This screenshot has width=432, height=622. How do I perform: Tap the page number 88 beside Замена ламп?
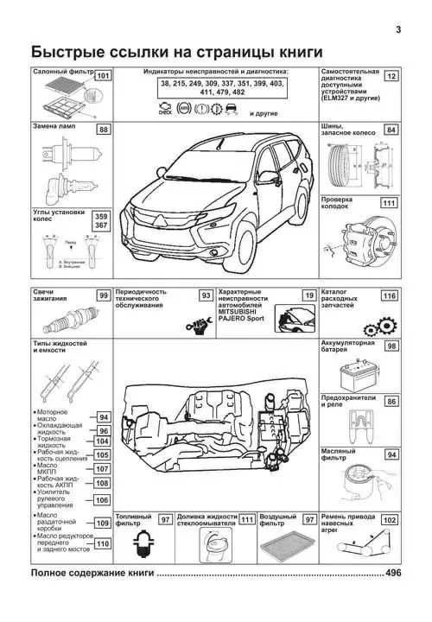coord(105,130)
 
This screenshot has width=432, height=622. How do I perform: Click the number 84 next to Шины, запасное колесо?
coord(391,130)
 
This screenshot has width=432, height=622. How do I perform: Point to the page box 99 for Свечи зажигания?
coord(103,296)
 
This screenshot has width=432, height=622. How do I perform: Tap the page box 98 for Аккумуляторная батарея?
coord(391,346)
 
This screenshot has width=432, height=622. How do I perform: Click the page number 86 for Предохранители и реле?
coord(391,402)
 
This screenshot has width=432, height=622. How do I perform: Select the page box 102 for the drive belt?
coord(390,520)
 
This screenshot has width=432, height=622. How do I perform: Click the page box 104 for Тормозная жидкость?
coord(102,441)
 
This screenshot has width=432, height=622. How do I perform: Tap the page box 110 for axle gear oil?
coord(102,543)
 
